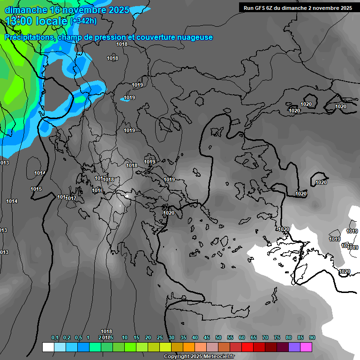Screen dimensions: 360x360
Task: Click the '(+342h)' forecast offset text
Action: click(83, 21)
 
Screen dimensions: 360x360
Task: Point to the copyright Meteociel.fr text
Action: click(199, 357)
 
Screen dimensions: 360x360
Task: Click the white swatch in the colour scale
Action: click(48, 347)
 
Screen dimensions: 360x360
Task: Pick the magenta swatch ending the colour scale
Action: click(306, 347)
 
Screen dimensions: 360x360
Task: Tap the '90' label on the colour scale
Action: click(312, 337)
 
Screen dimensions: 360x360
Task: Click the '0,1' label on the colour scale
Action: click(55, 337)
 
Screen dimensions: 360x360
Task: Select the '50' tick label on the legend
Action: click(218, 337)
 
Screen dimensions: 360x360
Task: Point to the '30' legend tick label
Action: click(172, 337)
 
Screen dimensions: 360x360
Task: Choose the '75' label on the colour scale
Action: click(277, 337)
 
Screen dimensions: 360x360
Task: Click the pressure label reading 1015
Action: click(36, 189)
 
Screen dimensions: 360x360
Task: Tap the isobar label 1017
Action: click(71, 198)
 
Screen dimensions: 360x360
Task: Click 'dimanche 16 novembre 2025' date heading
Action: click(67, 10)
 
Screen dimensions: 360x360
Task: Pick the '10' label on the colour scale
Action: click(125, 337)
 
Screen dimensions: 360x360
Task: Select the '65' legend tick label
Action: click(254, 337)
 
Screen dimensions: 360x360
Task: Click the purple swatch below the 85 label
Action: click(294, 347)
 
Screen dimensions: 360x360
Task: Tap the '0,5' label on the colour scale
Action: click(78, 337)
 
